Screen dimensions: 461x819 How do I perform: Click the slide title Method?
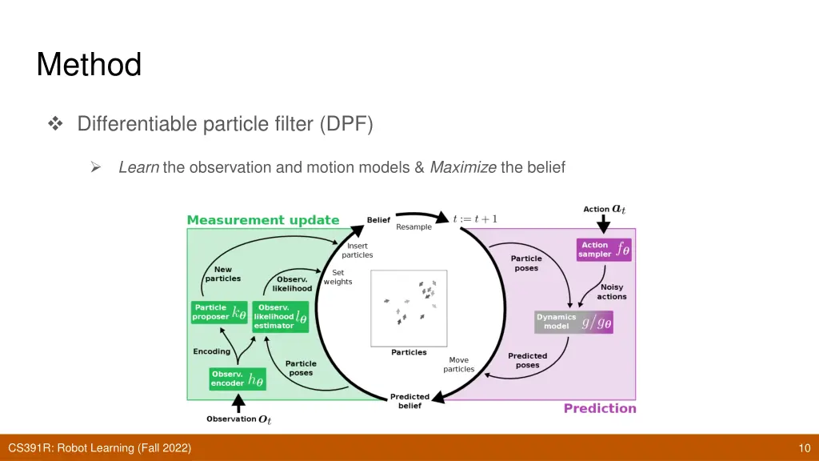[x=89, y=65]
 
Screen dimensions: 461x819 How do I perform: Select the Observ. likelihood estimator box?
[x=280, y=317]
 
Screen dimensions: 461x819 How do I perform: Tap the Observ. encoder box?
[x=237, y=379]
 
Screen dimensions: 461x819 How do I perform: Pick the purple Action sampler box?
[x=604, y=250]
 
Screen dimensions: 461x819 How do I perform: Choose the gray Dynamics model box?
[x=574, y=322]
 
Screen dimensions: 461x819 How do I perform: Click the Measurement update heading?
[x=263, y=220]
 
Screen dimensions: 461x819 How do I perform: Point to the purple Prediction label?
[x=600, y=408]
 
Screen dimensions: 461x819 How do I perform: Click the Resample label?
[x=413, y=227]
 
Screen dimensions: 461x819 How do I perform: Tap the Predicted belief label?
[x=409, y=401]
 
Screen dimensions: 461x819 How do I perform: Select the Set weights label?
[x=338, y=277]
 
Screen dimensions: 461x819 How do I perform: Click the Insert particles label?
[x=358, y=251]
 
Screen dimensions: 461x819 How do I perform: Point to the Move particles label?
[x=459, y=364]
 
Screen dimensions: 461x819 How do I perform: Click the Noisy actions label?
[x=612, y=291]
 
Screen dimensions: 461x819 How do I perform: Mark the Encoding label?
[x=211, y=351]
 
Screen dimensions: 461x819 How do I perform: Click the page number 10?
[x=805, y=448]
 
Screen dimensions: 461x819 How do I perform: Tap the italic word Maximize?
[x=463, y=167]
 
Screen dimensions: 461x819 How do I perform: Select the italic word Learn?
[x=139, y=167]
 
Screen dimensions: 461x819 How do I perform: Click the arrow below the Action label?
[x=604, y=226]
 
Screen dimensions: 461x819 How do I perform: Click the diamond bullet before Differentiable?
[x=56, y=124]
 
